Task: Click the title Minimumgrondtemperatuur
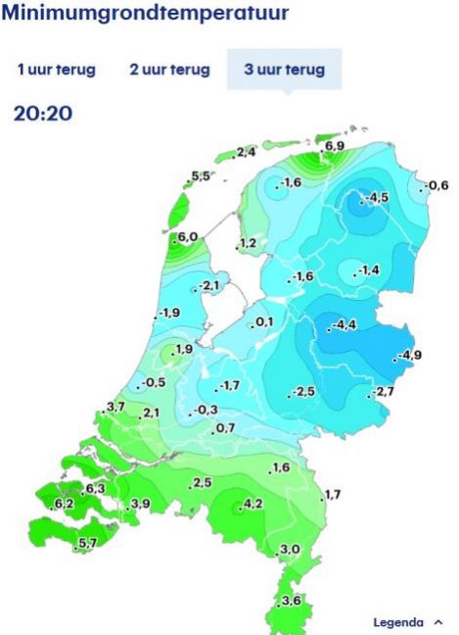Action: click(x=146, y=14)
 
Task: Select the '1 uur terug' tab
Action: click(x=56, y=71)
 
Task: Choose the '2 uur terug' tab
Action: click(x=169, y=71)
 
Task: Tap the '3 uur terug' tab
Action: click(x=284, y=71)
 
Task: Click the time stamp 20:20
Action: click(x=43, y=114)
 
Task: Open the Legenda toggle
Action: click(x=408, y=622)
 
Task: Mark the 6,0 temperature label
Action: click(x=187, y=237)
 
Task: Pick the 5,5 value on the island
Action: click(x=201, y=176)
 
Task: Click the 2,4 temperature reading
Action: click(x=246, y=152)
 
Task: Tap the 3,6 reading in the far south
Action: click(x=290, y=601)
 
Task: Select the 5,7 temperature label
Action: click(x=88, y=543)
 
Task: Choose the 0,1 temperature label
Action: click(x=264, y=321)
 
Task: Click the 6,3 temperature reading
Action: click(x=95, y=488)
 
